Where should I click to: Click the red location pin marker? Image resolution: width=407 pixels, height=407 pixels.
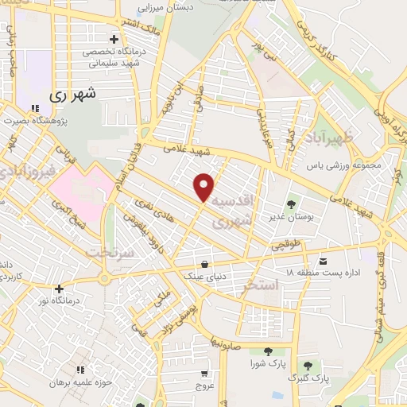[204, 186]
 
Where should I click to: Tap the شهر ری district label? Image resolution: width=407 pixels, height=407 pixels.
[72, 93]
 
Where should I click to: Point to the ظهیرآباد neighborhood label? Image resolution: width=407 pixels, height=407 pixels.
[342, 137]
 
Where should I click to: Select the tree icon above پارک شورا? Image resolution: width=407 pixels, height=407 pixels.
[268, 350]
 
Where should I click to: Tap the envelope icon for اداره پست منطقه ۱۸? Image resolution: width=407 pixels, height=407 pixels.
[322, 261]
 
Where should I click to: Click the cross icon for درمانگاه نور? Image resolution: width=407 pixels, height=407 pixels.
[59, 288]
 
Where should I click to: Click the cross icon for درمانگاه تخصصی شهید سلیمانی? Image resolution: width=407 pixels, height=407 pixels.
[114, 38]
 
